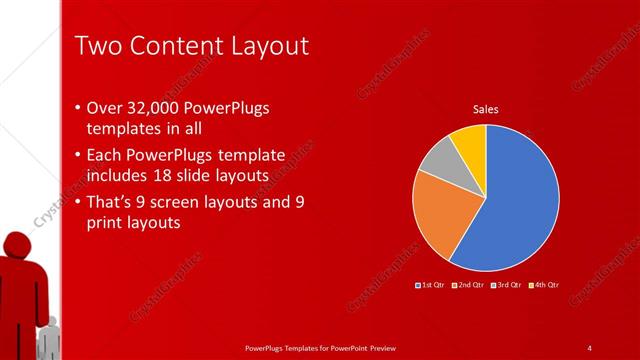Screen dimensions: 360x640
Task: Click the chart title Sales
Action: [x=485, y=109]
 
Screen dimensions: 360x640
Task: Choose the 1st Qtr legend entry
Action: [x=433, y=286]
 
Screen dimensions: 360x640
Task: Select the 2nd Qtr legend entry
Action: [x=469, y=286]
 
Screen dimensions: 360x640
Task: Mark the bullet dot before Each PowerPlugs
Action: [x=79, y=155]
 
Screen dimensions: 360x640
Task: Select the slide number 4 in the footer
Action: [x=589, y=347]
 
